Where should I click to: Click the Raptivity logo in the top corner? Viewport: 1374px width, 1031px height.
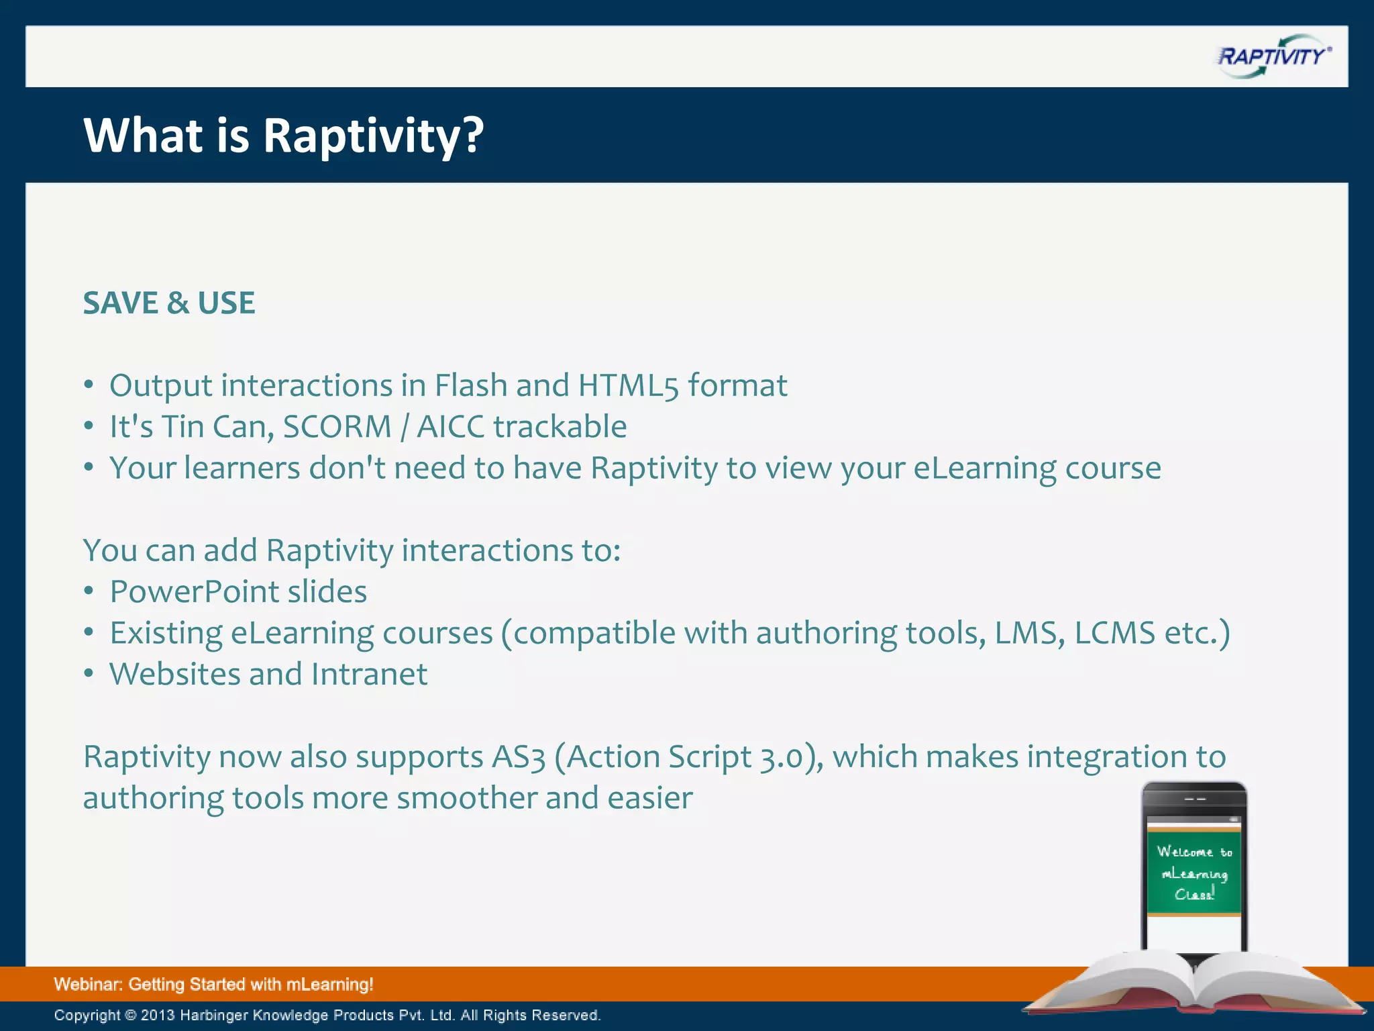click(1273, 56)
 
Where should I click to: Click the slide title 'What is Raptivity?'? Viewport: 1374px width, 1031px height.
click(283, 136)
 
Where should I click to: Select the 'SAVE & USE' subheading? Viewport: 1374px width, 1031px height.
click(169, 303)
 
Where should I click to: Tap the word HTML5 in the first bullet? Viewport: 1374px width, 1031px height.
click(628, 386)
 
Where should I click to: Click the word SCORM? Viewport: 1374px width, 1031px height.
click(337, 427)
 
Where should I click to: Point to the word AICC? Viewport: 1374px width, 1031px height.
click(450, 427)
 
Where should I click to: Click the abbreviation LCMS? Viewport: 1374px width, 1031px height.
click(1114, 633)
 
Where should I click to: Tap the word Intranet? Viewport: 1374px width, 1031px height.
click(369, 675)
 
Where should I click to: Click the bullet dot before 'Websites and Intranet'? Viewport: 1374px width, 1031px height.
click(89, 674)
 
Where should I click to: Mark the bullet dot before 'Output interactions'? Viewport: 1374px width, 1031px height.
click(89, 385)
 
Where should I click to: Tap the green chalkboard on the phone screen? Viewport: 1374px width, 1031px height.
click(1194, 873)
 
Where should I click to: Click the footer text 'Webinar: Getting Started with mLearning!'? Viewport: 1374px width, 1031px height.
click(213, 985)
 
